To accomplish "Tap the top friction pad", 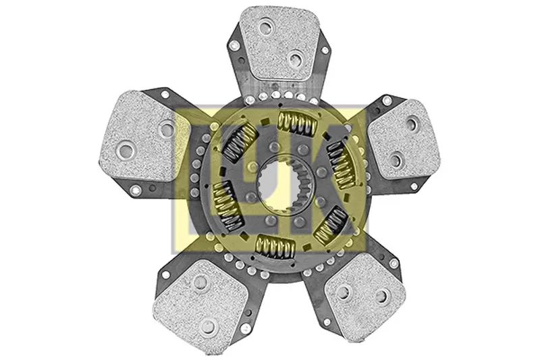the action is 280,44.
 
